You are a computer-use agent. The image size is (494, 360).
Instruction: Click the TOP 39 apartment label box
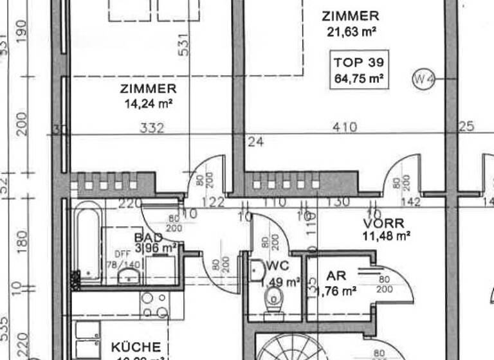(359, 71)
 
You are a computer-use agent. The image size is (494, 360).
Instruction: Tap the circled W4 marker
(424, 79)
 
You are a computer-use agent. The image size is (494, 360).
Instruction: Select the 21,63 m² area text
(351, 31)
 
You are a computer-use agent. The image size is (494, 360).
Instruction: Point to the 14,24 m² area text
(148, 103)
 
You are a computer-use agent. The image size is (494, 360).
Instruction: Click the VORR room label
(383, 224)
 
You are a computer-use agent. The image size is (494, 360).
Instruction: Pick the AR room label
(336, 276)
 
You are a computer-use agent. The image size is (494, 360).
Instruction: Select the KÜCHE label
(135, 347)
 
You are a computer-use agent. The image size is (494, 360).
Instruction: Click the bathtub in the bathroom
(87, 243)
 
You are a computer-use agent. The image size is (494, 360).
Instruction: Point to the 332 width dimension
(152, 128)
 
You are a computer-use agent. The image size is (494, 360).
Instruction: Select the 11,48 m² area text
(386, 236)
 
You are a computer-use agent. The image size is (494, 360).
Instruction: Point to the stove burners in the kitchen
(154, 305)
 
